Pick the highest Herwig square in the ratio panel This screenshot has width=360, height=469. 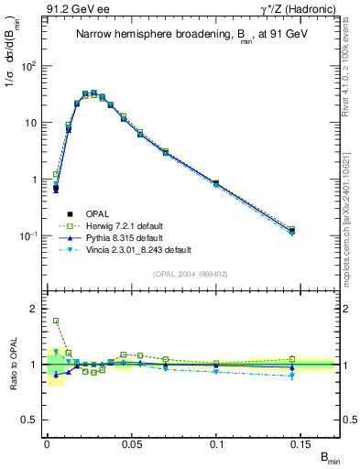click(x=56, y=322)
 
